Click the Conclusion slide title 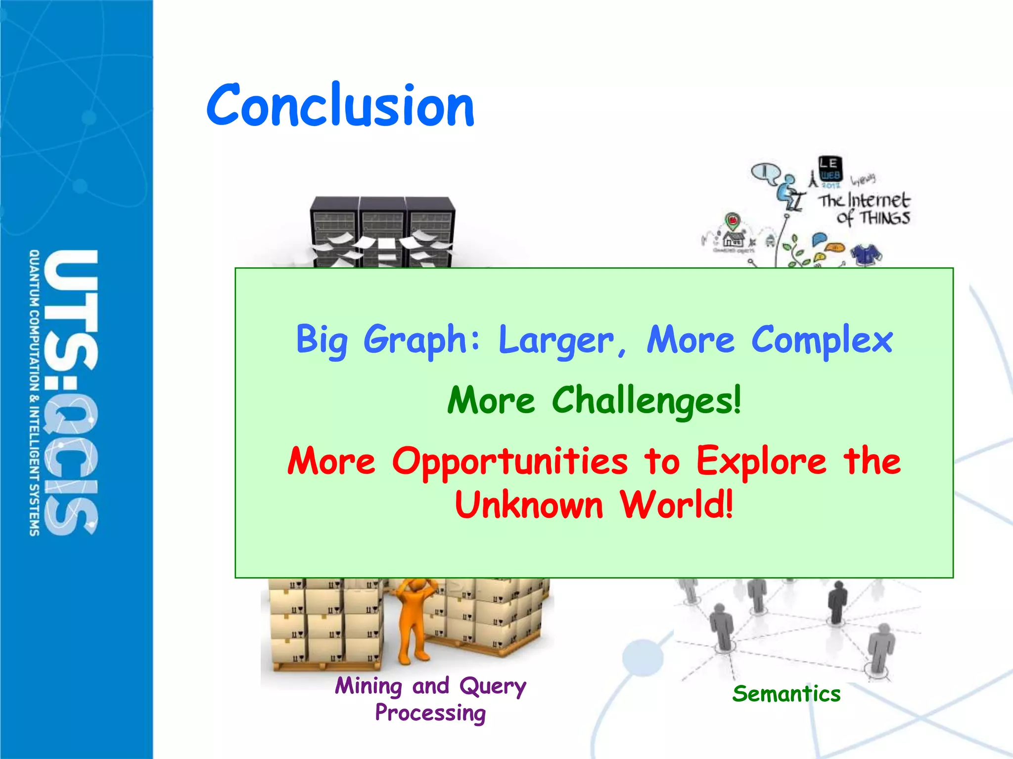tap(340, 105)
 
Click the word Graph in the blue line tap(414, 340)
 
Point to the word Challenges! tap(646, 400)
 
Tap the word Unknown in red tap(528, 505)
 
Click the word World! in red tap(676, 505)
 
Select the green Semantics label tap(786, 694)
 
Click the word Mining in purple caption tap(368, 686)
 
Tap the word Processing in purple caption tap(430, 713)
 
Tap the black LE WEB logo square tap(829, 168)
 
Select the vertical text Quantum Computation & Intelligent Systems tap(34, 393)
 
